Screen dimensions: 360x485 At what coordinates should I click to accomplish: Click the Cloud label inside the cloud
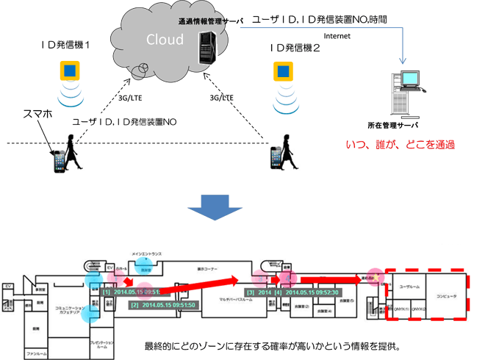pyautogui.click(x=165, y=38)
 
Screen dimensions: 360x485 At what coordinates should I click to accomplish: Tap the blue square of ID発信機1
pyautogui.click(x=70, y=71)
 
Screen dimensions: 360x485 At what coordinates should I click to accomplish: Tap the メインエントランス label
pyautogui.click(x=147, y=254)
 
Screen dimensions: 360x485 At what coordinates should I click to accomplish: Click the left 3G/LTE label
pyautogui.click(x=130, y=96)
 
